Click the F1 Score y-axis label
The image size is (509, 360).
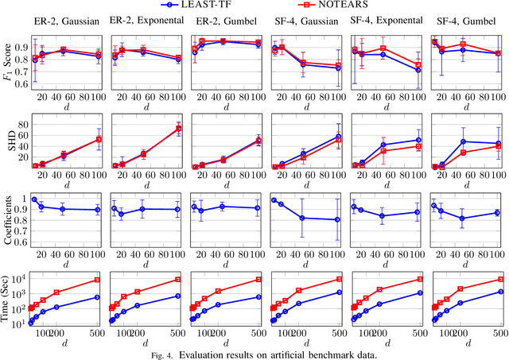click(6, 60)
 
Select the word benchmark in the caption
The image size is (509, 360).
click(318, 354)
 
